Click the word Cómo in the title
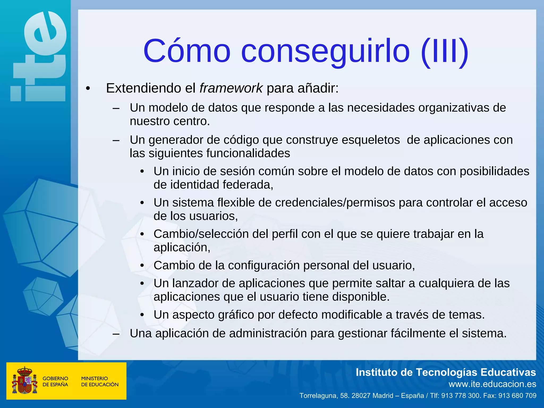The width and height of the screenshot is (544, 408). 187,51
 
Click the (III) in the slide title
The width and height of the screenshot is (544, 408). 445,51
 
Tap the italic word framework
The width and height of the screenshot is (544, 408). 231,88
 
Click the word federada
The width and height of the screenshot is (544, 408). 248,185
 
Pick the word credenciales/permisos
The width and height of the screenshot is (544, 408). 335,203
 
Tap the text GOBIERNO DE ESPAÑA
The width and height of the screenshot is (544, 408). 55,381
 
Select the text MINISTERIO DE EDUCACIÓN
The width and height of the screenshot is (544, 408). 100,381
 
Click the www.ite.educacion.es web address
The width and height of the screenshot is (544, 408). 492,384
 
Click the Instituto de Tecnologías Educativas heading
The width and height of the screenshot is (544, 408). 446,372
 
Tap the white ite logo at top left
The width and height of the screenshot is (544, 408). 39,57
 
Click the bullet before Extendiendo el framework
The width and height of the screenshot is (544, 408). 88,88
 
